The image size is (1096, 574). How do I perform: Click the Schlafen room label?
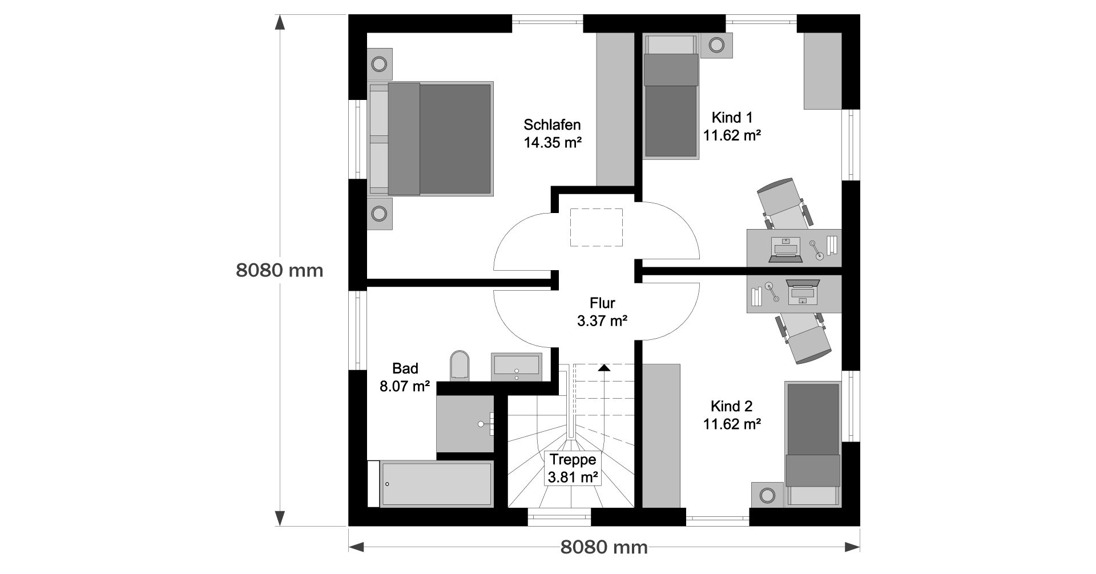tap(552, 125)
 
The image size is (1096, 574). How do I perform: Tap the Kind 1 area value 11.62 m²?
tap(732, 136)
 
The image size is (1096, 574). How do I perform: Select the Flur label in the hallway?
tap(602, 303)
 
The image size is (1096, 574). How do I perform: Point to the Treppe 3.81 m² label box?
tap(573, 469)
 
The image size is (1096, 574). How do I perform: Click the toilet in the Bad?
tap(460, 365)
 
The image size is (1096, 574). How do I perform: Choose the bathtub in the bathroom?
tap(437, 484)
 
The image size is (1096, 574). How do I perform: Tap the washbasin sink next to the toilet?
tap(517, 367)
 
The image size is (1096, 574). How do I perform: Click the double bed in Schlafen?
tap(430, 139)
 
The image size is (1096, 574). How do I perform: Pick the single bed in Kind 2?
tap(813, 444)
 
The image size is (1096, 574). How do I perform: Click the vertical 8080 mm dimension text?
tap(280, 270)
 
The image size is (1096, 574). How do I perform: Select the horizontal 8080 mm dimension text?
tap(604, 548)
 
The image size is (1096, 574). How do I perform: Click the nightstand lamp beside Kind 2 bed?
tap(768, 495)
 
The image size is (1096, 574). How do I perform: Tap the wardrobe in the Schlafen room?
tap(615, 109)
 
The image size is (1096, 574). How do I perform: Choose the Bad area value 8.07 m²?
tap(405, 386)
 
